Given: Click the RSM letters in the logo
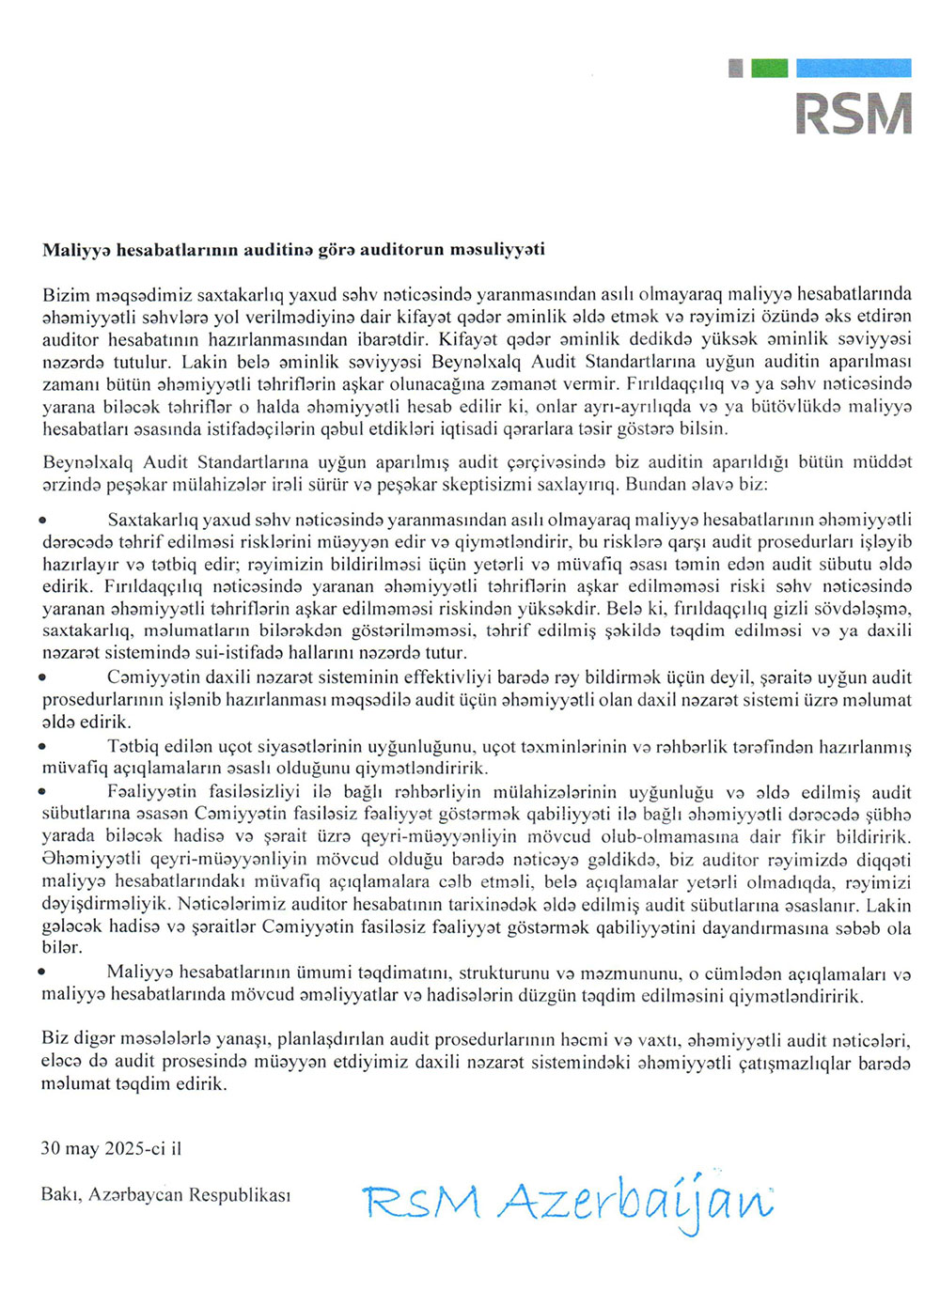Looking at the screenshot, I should click(x=854, y=113).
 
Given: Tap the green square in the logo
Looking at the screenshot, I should click(x=770, y=68).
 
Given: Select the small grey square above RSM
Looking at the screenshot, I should click(x=736, y=68).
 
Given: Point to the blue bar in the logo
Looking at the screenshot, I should click(x=854, y=68).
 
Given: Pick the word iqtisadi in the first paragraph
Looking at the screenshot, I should click(x=478, y=428).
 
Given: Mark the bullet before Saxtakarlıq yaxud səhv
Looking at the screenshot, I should click(x=43, y=520).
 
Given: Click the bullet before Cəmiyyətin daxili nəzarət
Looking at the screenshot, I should click(x=43, y=677).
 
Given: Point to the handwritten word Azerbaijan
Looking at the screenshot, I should click(x=634, y=1203).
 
